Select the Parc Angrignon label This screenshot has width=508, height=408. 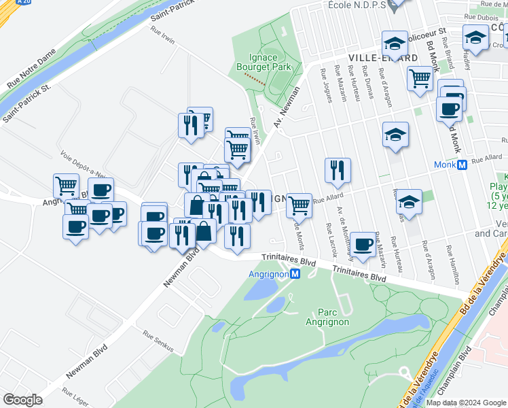point(328,318)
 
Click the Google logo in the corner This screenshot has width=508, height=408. point(22,400)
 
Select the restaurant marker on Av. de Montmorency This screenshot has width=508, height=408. point(338,171)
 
